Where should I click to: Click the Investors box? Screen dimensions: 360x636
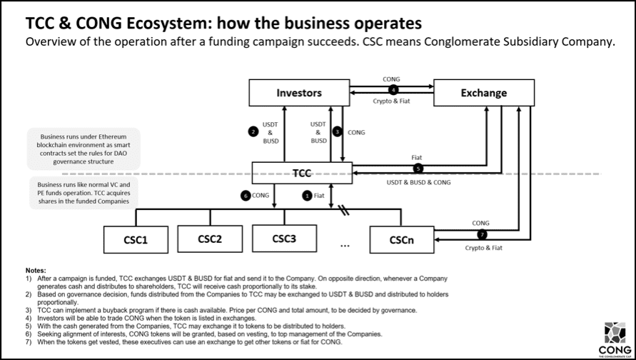point(299,93)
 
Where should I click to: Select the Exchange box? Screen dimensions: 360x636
point(484,93)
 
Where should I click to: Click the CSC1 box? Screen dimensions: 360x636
point(136,239)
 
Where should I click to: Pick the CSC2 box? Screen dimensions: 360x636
point(210,239)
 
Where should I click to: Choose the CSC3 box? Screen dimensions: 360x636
point(284,239)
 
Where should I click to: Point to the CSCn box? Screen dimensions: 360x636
point(402,239)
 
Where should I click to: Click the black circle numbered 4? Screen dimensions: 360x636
point(392,89)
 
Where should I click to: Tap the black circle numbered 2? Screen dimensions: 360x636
point(253,131)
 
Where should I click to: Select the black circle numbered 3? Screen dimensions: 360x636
point(337,131)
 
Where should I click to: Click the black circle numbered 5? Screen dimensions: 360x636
point(418,169)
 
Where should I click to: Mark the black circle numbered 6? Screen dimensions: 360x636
point(245,195)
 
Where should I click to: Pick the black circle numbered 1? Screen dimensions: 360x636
point(308,195)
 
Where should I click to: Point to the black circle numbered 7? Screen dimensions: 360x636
point(482,234)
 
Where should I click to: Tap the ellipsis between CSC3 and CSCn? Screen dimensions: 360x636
point(345,245)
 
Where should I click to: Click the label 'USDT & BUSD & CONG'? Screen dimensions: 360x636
point(419,183)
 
